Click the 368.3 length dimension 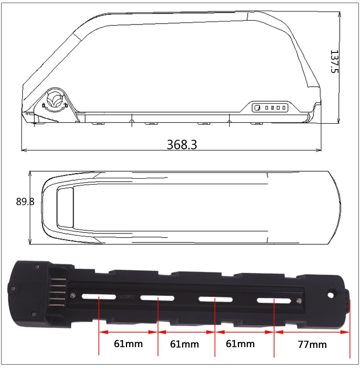[182, 145]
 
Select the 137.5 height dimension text [335, 61]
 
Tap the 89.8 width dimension [25, 201]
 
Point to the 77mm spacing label [312, 344]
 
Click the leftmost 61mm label [128, 344]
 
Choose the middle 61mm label [184, 344]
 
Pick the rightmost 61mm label [240, 344]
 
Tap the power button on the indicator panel [258, 108]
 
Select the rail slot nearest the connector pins [99, 297]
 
